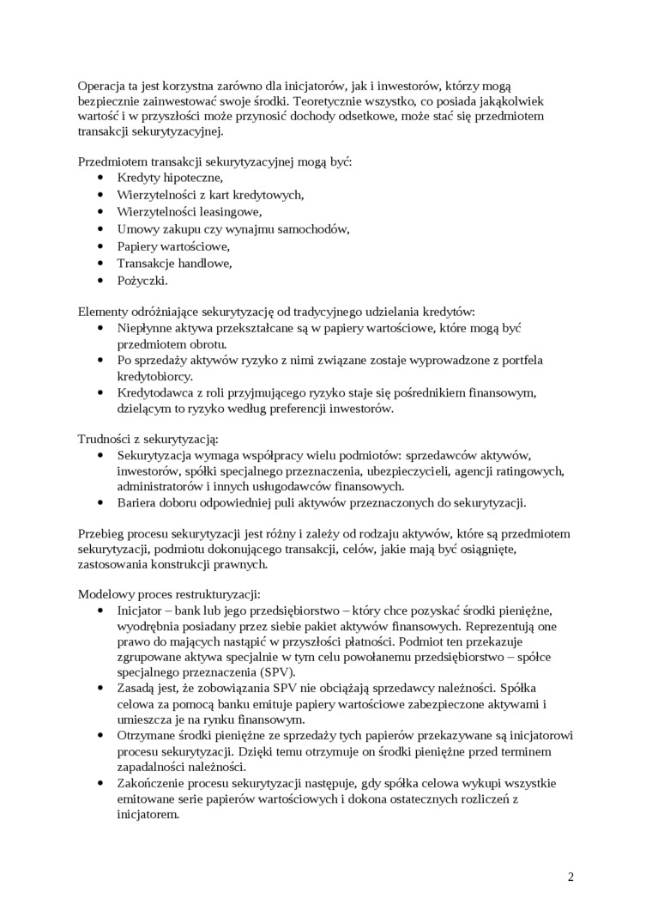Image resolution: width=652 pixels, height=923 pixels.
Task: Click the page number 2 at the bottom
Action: pyautogui.click(x=570, y=877)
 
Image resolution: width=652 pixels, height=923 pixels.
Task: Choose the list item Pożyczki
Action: pyautogui.click(x=142, y=280)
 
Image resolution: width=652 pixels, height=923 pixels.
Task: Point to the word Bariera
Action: pyautogui.click(x=138, y=502)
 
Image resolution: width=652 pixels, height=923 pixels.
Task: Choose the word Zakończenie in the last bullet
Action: pyautogui.click(x=152, y=783)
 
